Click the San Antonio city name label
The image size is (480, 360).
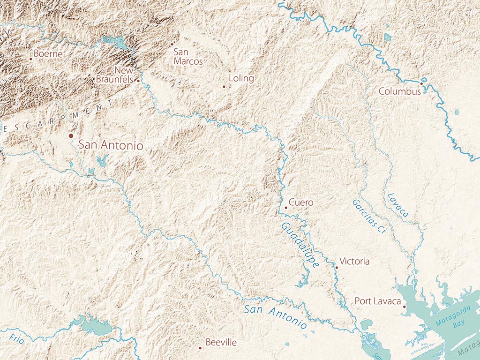pos(111,145)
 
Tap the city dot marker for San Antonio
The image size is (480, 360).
pos(71,135)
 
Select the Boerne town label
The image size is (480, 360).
pos(48,54)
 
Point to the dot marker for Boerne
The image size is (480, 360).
pos(31,59)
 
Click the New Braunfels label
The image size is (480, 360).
pos(115,75)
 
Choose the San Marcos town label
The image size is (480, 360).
pos(188,57)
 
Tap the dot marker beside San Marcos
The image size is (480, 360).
pos(172,44)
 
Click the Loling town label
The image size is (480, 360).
pos(241,78)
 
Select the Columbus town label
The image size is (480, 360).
pos(399,91)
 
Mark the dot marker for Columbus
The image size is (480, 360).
pos(421,84)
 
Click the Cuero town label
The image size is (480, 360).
pos(301,202)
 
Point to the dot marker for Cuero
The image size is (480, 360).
pos(286,207)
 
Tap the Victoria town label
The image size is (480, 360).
pos(354,261)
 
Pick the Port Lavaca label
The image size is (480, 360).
pos(377,301)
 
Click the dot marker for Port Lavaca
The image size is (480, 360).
pos(404,307)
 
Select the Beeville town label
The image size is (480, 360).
pos(221,343)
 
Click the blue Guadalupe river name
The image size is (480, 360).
pos(300,245)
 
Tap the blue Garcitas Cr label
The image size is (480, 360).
pos(368,216)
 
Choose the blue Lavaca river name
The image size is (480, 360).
pos(397,205)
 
